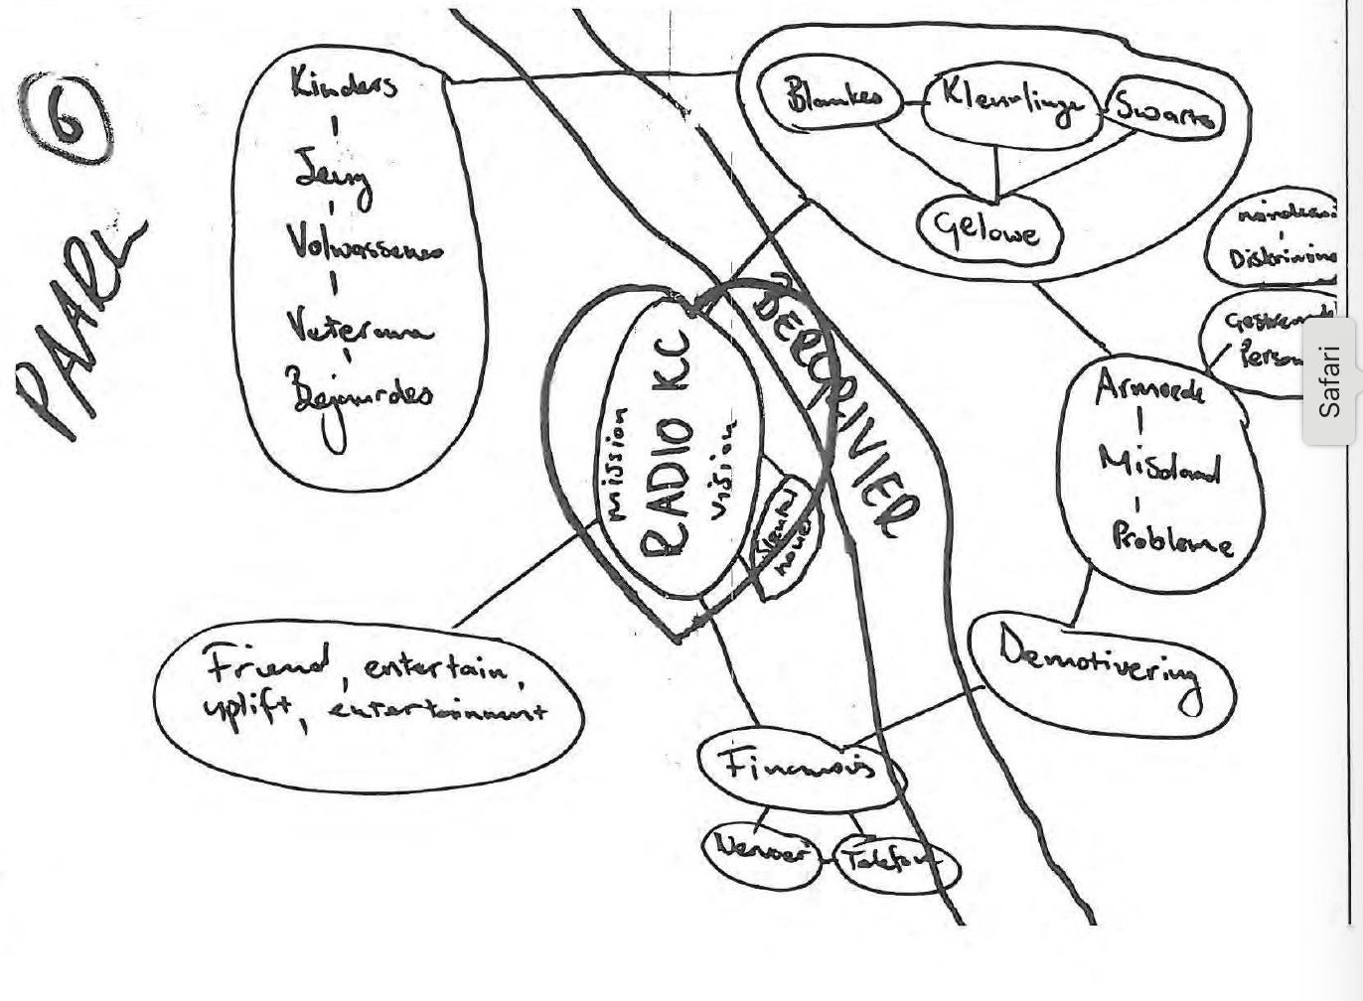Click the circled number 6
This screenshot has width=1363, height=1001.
(x=65, y=118)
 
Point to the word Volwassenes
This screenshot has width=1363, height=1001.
(x=363, y=242)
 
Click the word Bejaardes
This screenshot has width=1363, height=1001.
(x=358, y=392)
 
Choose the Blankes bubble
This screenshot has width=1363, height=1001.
(x=832, y=97)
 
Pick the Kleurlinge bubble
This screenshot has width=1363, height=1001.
(x=1008, y=103)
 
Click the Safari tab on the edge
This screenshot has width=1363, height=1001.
(x=1330, y=381)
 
